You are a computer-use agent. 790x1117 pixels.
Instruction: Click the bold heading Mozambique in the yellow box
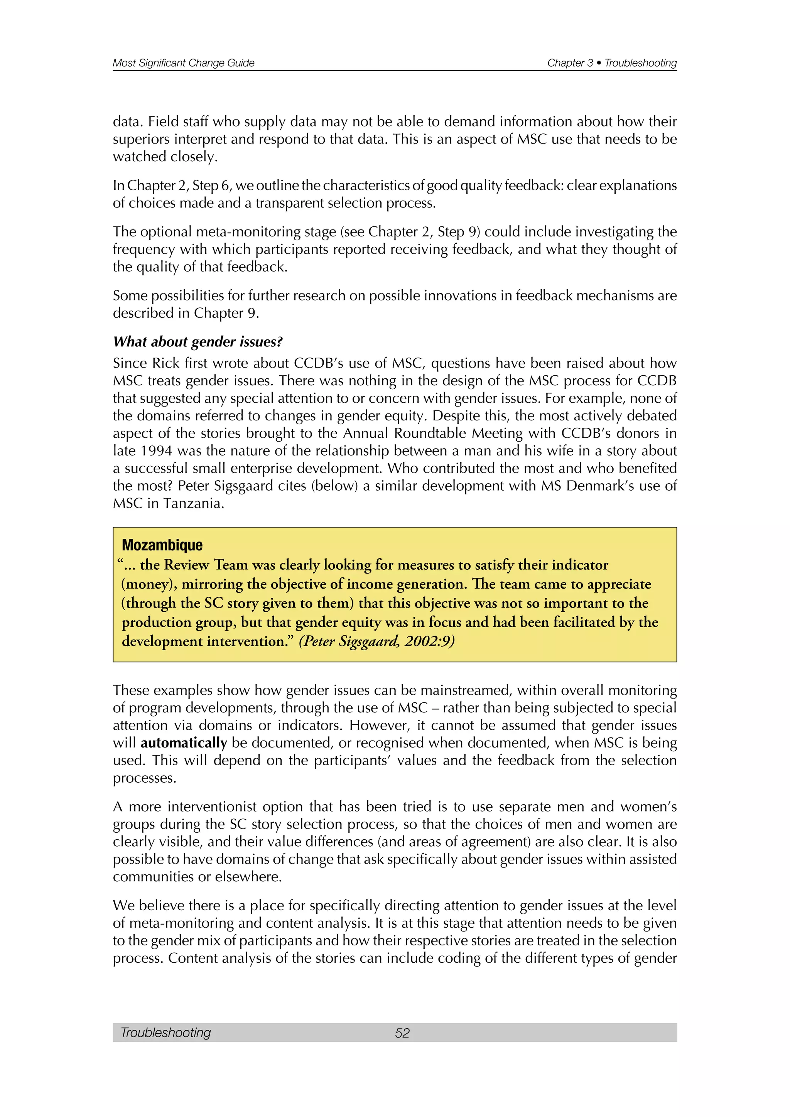click(x=162, y=545)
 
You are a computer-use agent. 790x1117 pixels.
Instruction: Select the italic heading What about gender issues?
click(x=197, y=342)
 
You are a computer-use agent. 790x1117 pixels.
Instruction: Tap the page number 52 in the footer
click(x=402, y=1033)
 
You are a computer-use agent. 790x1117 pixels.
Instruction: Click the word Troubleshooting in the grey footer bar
click(x=165, y=1033)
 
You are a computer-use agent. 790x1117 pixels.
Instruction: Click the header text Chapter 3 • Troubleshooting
click(x=611, y=63)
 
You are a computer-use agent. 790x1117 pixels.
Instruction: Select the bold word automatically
click(x=184, y=743)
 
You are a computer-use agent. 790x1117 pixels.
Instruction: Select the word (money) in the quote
click(x=149, y=584)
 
